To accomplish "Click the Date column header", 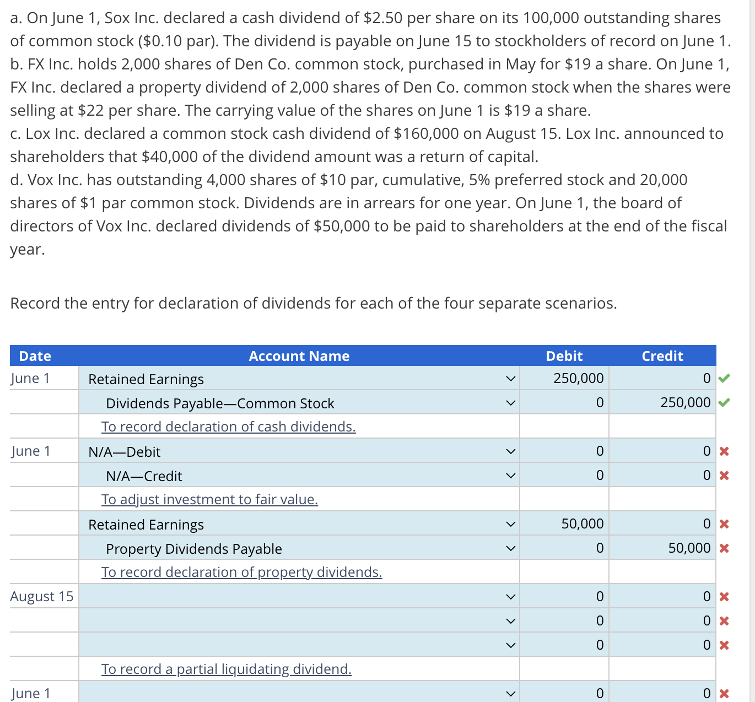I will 35,356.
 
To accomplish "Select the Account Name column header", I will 299,356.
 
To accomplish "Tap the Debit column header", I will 564,356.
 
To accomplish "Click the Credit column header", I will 662,356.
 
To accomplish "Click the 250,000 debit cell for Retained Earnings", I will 578,379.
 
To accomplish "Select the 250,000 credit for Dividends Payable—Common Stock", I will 685,403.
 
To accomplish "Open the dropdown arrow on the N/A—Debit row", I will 510,452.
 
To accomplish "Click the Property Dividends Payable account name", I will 194,549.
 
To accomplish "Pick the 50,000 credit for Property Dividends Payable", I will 689,548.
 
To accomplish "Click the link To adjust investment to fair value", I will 209,499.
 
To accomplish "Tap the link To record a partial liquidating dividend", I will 226,669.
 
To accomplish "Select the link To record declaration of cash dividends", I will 228,426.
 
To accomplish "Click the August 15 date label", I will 42,596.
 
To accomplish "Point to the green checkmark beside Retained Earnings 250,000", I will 724,378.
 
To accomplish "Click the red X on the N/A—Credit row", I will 724,476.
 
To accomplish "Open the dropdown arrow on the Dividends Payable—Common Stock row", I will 510,403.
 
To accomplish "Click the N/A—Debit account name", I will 125,452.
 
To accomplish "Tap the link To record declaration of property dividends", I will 241,572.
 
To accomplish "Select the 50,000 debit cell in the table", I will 582,524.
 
